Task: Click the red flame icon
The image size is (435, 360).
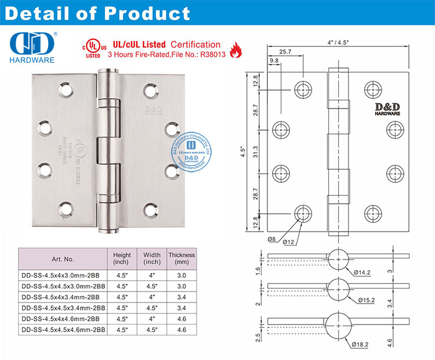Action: click(x=235, y=51)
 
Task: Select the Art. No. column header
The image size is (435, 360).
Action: click(x=62, y=259)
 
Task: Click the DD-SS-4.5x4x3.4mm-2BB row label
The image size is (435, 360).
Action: click(x=63, y=297)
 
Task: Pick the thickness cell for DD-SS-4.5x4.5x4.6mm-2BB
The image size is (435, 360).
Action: click(x=182, y=329)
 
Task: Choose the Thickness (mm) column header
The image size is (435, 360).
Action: click(x=182, y=259)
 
